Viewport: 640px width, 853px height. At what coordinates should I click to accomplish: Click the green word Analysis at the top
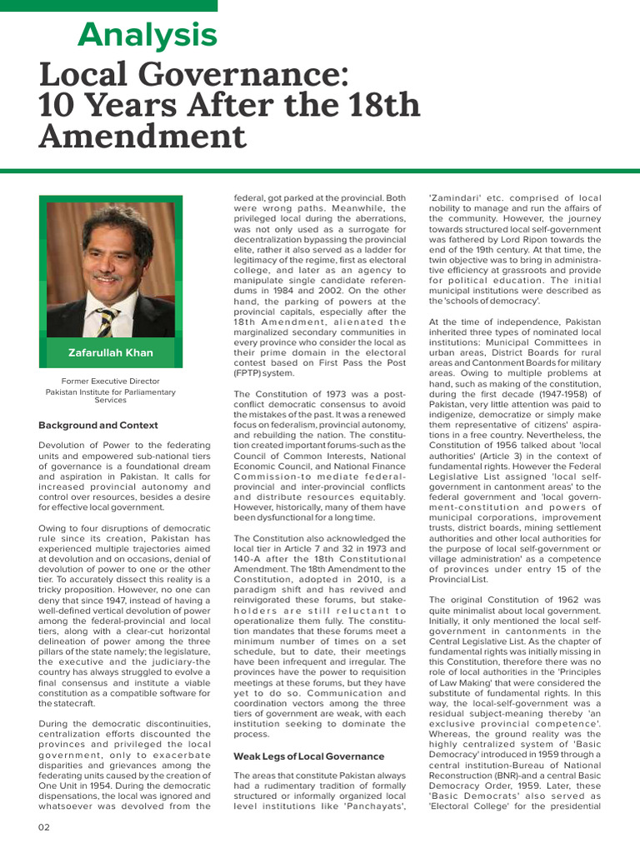click(147, 35)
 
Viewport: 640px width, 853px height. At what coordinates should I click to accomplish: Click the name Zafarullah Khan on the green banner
click(110, 352)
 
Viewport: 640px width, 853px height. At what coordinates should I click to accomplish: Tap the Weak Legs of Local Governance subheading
click(309, 756)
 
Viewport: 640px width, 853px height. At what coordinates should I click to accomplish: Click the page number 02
click(45, 826)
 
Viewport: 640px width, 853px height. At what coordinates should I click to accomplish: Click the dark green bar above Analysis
click(108, 6)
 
